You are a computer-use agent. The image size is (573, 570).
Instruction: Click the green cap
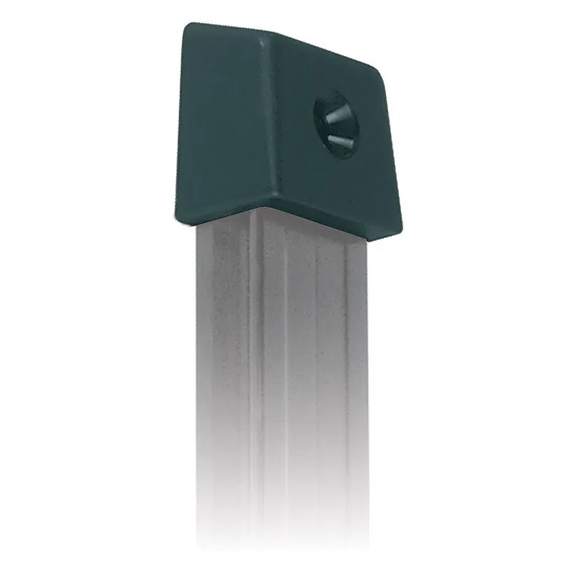(x=288, y=129)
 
